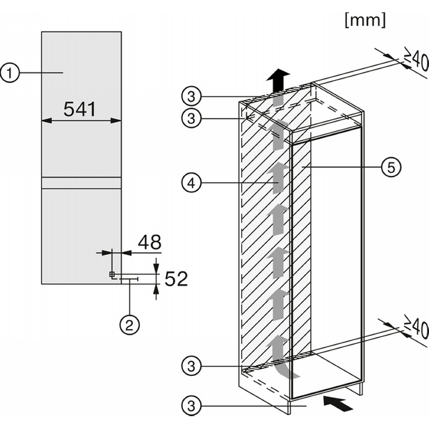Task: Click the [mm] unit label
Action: (365, 20)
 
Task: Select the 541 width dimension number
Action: (79, 109)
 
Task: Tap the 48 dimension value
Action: (150, 242)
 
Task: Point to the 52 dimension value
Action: (176, 279)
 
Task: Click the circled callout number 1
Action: (10, 73)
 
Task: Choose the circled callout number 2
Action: (129, 326)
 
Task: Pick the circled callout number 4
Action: (191, 183)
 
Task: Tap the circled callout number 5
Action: (391, 167)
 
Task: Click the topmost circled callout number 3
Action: (191, 97)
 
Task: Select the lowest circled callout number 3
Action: (191, 406)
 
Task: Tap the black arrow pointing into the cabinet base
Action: (338, 404)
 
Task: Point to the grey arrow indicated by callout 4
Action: (278, 178)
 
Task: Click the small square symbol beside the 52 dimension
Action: (112, 274)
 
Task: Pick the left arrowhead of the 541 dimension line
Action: (47, 120)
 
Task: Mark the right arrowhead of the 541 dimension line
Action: (116, 120)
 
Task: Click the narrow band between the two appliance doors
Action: (82, 183)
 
